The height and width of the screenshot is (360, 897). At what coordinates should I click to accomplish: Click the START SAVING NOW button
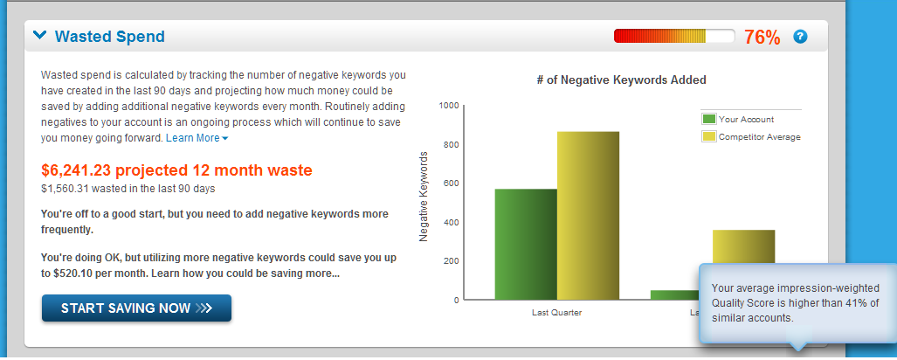[x=137, y=308]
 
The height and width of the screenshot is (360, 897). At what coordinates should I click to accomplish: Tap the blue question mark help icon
[x=800, y=37]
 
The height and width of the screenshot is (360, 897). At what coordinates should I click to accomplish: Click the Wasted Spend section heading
[x=110, y=37]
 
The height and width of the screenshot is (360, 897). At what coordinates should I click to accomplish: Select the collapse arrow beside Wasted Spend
[x=39, y=36]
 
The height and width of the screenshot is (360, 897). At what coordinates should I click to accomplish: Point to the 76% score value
[x=762, y=38]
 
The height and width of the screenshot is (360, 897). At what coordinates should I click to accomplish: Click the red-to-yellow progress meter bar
[x=674, y=36]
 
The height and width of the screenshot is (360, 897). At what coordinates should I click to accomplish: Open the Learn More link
[x=197, y=138]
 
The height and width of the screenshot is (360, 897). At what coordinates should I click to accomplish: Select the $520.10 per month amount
[x=72, y=273]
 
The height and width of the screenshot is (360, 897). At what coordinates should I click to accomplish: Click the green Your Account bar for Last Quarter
[x=526, y=245]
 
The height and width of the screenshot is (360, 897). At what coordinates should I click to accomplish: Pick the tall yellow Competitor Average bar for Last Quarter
[x=588, y=216]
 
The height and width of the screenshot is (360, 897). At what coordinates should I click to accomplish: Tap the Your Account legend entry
[x=738, y=120]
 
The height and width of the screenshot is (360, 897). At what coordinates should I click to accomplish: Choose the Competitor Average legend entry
[x=751, y=137]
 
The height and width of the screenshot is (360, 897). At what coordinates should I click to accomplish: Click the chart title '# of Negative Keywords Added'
[x=621, y=80]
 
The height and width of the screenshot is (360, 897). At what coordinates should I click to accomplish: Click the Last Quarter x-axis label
[x=556, y=313]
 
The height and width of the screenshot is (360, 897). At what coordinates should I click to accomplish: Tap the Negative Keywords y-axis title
[x=424, y=197]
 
